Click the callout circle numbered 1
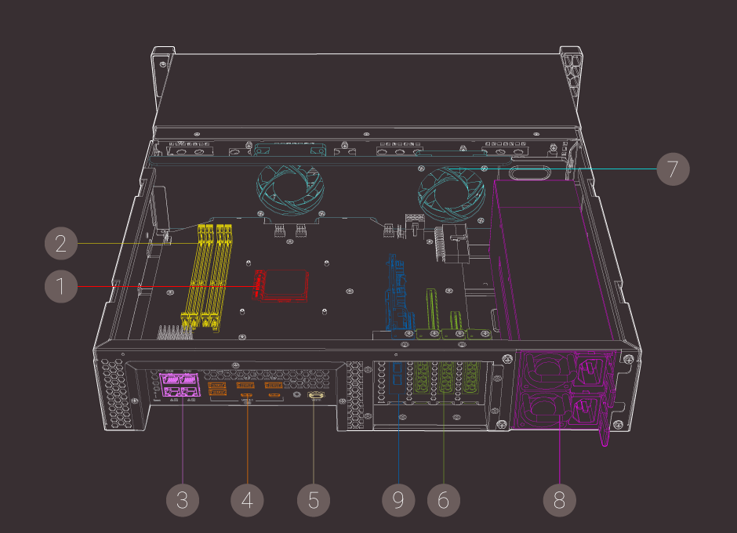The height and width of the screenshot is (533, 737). pos(60,286)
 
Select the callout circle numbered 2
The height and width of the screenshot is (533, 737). pos(60,244)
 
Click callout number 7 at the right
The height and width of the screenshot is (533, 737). pos(673,169)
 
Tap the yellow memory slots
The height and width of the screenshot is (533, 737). pos(208,274)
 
